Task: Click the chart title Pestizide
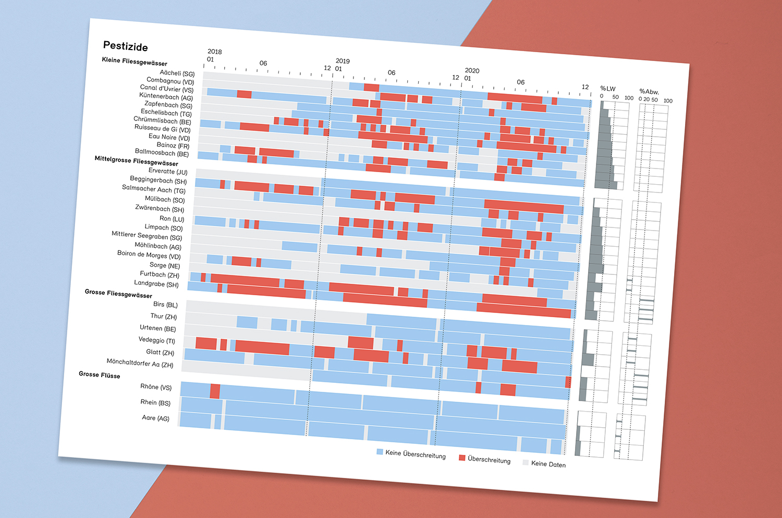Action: (125, 46)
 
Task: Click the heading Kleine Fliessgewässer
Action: (135, 62)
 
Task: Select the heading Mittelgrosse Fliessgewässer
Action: (136, 161)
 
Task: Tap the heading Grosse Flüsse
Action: (99, 375)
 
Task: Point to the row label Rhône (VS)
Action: (156, 387)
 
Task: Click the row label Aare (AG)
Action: (155, 418)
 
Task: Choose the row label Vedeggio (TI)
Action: (156, 340)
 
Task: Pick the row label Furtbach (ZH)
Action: (159, 274)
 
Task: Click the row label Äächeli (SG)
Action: (177, 73)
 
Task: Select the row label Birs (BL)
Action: (165, 304)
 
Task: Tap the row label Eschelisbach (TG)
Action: (166, 113)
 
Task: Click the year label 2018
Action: (214, 52)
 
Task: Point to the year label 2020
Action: (472, 70)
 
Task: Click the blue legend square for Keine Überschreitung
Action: (380, 452)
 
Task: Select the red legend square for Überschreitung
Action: (462, 457)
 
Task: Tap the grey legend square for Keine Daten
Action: (526, 462)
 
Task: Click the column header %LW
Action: (607, 89)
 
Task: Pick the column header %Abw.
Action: (649, 92)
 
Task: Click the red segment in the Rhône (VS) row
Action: (215, 391)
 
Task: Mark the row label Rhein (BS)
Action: (155, 402)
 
